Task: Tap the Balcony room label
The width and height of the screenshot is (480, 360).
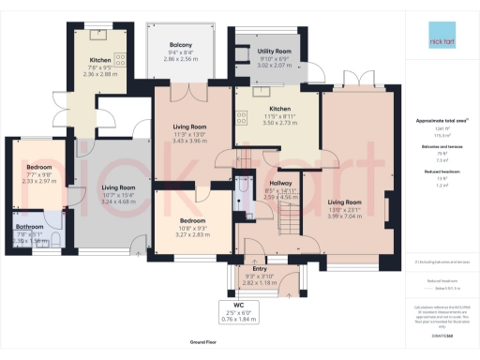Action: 181,46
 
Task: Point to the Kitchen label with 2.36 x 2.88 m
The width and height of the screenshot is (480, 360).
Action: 100,61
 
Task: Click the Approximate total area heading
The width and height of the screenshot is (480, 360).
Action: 441,122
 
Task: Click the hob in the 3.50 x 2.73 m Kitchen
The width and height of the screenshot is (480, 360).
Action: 243,117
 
